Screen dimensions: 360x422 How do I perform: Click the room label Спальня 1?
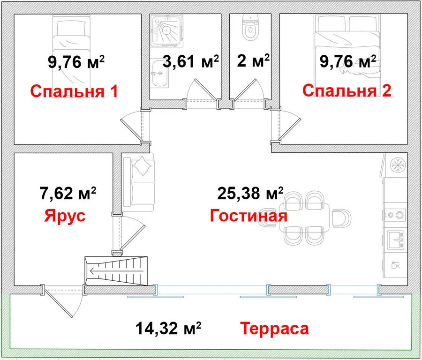click(x=74, y=91)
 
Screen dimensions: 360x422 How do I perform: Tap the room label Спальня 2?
click(x=347, y=90)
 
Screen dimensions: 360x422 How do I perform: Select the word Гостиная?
click(x=249, y=216)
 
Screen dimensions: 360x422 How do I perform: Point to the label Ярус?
click(x=65, y=216)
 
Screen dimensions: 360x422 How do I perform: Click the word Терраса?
click(x=275, y=329)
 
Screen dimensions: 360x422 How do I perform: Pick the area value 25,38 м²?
click(x=250, y=193)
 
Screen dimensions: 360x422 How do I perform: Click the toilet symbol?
click(x=250, y=27)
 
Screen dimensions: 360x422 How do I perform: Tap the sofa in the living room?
click(x=139, y=183)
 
